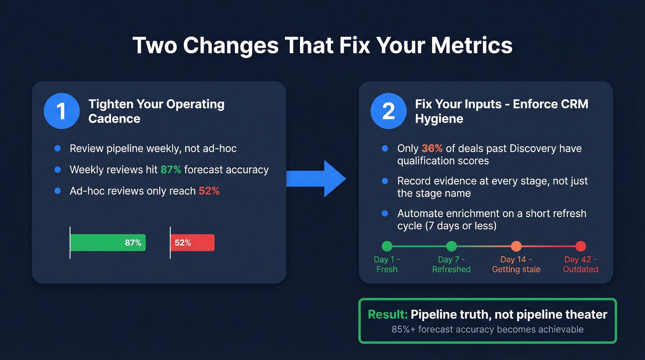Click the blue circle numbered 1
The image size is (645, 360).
coord(61,112)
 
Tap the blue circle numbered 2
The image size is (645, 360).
coord(388,112)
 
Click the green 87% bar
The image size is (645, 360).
coord(108,242)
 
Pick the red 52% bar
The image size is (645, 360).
coord(193,242)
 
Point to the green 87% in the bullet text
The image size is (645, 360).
coord(170,170)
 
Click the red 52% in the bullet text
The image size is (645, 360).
coord(209,191)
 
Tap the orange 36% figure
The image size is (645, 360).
coord(432,148)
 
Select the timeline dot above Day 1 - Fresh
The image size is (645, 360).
coord(387,246)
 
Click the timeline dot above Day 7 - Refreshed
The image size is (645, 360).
coord(451,246)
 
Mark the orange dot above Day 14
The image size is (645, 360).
coord(516,246)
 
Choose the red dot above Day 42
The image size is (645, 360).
coord(580,246)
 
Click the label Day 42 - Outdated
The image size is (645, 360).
coord(580,264)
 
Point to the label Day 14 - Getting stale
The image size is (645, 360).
coord(516,264)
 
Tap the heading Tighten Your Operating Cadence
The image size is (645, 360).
coord(156,111)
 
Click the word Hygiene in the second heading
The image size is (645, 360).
coord(439,118)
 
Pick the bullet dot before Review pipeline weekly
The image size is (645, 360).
coord(58,148)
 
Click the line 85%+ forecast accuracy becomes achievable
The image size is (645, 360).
coord(487,330)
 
